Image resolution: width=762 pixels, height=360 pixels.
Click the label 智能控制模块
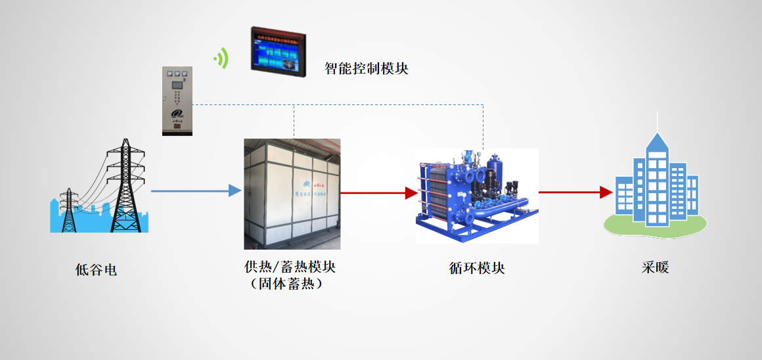point(367,68)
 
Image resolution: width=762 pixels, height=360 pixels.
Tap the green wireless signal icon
point(221,58)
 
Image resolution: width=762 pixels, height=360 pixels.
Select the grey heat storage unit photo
point(292,194)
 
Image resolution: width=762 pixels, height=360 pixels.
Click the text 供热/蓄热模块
point(290,267)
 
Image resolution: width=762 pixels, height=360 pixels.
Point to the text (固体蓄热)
point(290,284)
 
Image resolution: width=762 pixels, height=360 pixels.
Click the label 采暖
point(656,268)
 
